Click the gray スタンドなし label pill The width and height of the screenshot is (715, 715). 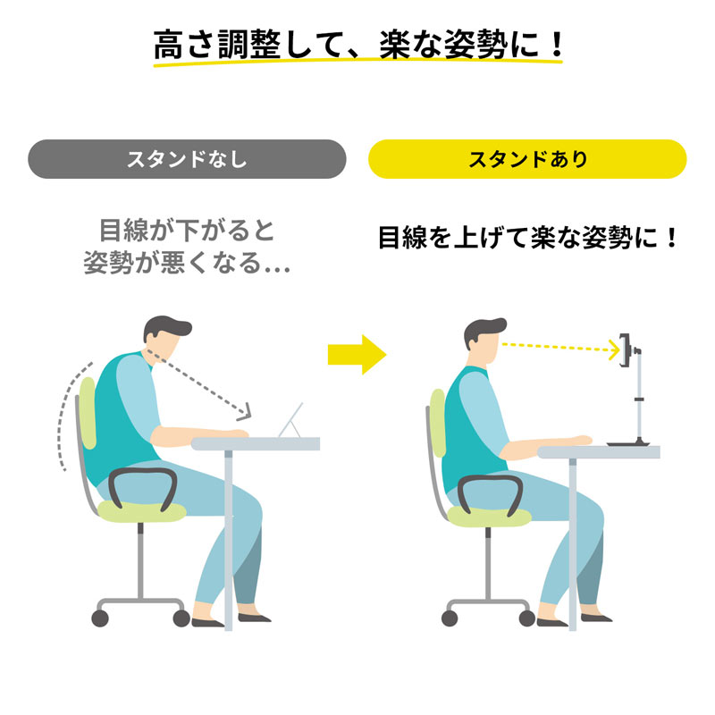pos(187,159)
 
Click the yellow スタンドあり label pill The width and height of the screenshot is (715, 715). pos(527,159)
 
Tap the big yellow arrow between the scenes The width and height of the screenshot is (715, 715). pos(356,355)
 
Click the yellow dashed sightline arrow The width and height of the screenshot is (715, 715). pos(559,348)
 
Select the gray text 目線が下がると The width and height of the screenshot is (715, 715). pos(187,231)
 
